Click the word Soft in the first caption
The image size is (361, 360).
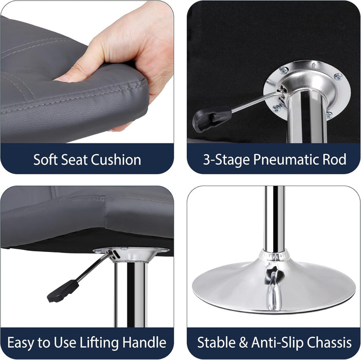pos(42,159)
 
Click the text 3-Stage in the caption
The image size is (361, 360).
pos(226,160)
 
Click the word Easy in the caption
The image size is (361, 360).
pos(21,343)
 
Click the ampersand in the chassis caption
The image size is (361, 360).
pos(243,343)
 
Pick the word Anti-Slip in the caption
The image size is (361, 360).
pos(277,343)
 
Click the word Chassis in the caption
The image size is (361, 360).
pos(329,343)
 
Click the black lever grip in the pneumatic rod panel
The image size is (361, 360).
pos(212,118)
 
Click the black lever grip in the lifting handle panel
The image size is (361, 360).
pos(63,291)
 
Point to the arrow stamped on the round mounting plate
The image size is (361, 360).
pos(313,66)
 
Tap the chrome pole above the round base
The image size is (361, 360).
pos(275,219)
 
